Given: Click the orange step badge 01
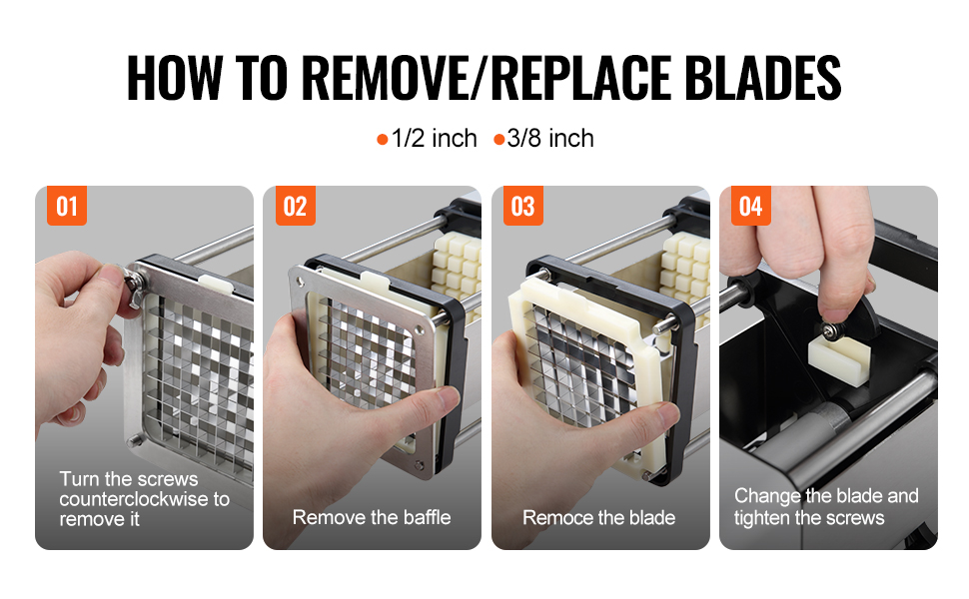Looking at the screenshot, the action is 67,206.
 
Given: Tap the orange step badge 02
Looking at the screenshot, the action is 296,206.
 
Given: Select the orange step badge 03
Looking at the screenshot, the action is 523,206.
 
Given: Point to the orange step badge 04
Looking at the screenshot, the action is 751,206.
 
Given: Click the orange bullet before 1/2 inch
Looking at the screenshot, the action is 383,140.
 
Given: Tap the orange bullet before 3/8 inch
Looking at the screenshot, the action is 499,140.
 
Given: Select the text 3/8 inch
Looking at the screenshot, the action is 550,139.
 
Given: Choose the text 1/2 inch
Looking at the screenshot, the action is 435,139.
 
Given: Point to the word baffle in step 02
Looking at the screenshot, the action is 427,517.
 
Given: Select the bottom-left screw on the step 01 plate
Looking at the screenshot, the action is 134,441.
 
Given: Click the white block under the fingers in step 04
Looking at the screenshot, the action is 838,359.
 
